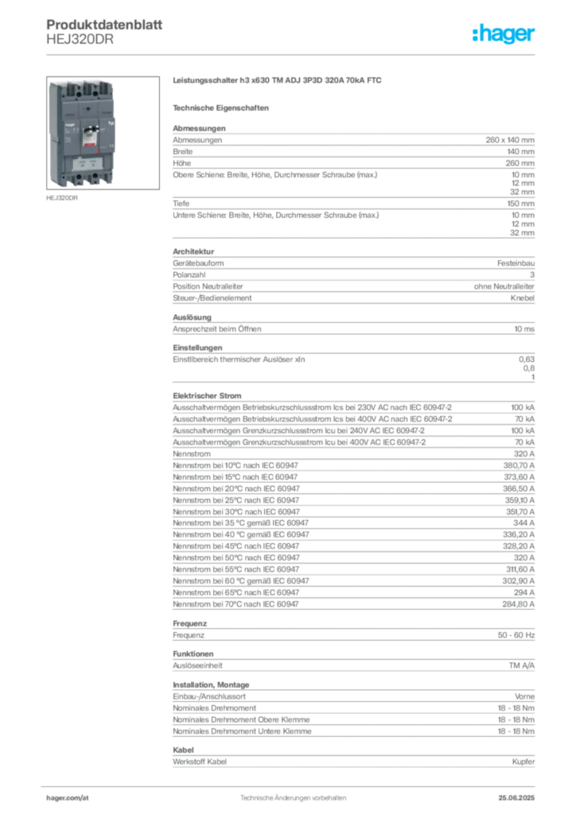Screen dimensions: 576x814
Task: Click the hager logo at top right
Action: [x=503, y=33]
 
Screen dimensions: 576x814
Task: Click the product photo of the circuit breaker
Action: [x=103, y=133]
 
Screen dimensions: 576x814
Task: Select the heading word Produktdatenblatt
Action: [x=104, y=25]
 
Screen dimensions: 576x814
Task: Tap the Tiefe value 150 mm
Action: [x=520, y=203]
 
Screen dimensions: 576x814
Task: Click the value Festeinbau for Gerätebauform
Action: [x=516, y=263]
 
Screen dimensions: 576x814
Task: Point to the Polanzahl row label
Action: [x=189, y=274]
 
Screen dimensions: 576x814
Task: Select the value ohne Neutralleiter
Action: [x=504, y=286]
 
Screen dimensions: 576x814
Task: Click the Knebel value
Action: [x=522, y=298]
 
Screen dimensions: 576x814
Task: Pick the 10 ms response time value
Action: [x=524, y=329]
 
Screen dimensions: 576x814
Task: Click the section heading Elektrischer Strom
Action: [x=207, y=396]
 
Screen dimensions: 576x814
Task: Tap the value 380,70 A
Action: [x=519, y=466]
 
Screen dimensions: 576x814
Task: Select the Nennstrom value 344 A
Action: [x=523, y=523]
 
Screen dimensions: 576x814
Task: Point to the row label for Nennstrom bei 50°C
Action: [x=236, y=558]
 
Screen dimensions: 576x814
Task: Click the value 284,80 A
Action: [x=519, y=604]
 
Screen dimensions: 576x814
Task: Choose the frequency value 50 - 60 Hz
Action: [x=516, y=635]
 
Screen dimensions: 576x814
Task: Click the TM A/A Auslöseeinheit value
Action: [x=521, y=665]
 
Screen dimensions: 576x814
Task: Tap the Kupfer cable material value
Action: [x=523, y=762]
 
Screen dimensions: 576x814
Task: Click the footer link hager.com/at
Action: [x=68, y=798]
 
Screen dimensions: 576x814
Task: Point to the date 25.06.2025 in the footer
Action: [x=516, y=798]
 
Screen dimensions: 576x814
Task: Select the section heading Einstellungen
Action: [x=197, y=348]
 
